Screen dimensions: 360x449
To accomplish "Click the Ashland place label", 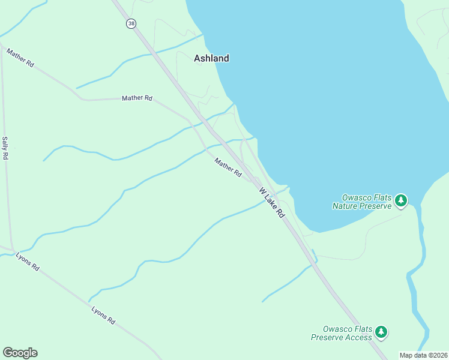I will (x=211, y=58).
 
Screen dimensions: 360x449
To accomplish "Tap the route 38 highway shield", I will (x=131, y=23).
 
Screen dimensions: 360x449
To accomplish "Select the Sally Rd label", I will (x=5, y=148).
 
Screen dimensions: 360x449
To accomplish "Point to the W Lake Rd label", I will (x=272, y=203).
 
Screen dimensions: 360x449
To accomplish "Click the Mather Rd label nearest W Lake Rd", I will (x=228, y=167).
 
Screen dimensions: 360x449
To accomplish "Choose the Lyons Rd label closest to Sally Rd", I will (x=28, y=261).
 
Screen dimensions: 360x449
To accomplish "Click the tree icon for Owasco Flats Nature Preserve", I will (x=401, y=201).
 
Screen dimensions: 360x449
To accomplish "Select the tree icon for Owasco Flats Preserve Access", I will (x=381, y=332).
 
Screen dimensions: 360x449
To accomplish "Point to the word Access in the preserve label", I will (x=358, y=337).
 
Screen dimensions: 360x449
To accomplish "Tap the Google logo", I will (x=20, y=353).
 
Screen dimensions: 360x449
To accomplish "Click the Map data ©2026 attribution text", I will (x=424, y=355).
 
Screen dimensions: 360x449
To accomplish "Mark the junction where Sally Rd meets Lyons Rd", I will (x=13, y=250).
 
